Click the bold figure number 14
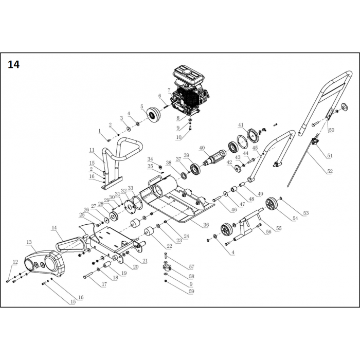(14, 65)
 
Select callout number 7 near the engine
(169, 91)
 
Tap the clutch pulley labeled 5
(152, 114)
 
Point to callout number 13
(29, 242)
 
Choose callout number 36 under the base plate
(205, 225)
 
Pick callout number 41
(240, 125)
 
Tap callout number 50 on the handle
(331, 130)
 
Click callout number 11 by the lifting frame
(92, 150)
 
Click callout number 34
(150, 159)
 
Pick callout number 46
(234, 210)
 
